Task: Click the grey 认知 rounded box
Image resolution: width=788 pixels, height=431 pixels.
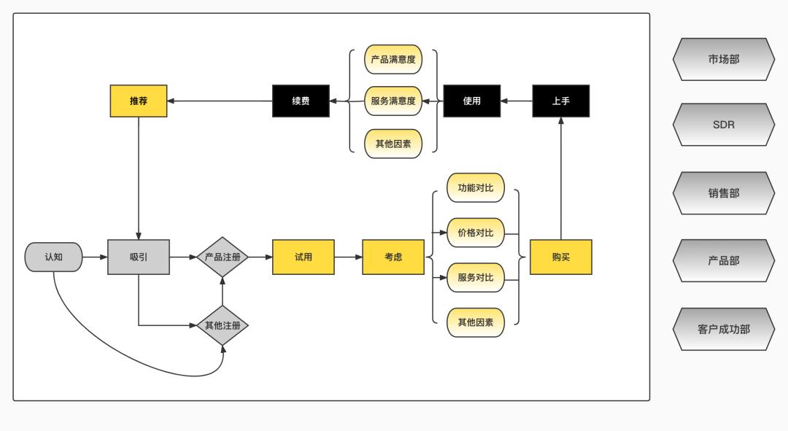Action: coord(53,257)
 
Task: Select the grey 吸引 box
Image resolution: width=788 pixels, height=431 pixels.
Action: coord(139,257)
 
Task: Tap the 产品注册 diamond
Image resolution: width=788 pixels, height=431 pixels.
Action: coord(223,257)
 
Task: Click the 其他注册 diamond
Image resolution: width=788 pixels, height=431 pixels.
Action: coord(223,325)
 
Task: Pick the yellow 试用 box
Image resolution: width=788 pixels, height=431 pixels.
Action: coord(304,257)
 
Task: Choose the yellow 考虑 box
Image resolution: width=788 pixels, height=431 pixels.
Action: coord(393,257)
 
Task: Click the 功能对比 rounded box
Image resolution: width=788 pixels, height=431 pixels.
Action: coord(476,188)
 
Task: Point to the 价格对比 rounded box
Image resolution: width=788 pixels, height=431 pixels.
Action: coord(476,233)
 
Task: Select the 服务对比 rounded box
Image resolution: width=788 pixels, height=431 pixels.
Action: coord(476,277)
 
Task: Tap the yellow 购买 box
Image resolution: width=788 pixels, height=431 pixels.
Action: coord(560,257)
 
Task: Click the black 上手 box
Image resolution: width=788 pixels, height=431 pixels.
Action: coord(560,101)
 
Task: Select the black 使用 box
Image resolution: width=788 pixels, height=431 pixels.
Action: coord(472,101)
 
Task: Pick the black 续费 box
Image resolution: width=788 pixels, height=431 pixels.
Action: coord(301,101)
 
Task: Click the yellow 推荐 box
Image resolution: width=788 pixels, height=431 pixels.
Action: coord(139,101)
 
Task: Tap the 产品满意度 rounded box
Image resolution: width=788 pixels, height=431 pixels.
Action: coord(393,59)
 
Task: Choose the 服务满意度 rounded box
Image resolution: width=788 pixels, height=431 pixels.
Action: coord(393,101)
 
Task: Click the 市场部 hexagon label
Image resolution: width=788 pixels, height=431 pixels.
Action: coord(723,59)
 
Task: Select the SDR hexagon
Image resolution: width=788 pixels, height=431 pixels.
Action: coord(723,125)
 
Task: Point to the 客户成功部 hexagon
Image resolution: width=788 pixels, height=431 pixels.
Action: coord(723,329)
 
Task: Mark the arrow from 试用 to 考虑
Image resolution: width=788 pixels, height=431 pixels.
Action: coord(348,257)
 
